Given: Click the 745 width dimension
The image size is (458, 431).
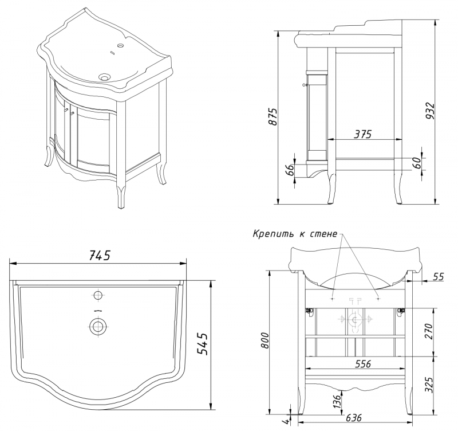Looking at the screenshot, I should (98, 255).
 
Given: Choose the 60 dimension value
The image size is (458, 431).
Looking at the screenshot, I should (417, 162).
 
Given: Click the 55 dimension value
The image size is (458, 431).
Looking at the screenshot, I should (438, 277).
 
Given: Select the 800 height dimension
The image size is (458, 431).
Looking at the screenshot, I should (264, 342).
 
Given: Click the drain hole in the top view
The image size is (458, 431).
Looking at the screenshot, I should (98, 327).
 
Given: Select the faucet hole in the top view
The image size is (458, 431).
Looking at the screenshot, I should (98, 295).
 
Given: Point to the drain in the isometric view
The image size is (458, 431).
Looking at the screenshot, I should (105, 76).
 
